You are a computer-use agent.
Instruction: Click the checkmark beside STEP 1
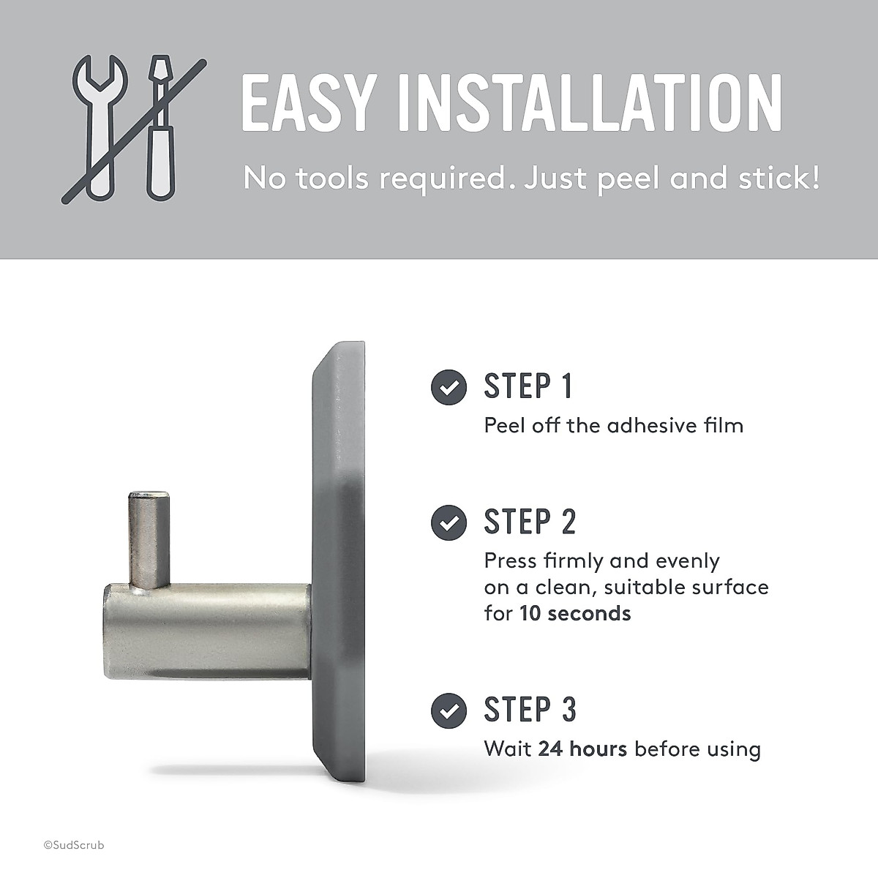[x=449, y=387]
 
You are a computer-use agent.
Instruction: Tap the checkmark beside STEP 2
[x=449, y=522]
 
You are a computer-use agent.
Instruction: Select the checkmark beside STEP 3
[x=449, y=709]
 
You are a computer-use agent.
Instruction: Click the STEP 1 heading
[x=528, y=386]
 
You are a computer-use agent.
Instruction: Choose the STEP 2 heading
[x=530, y=522]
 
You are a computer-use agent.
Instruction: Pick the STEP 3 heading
[x=530, y=709]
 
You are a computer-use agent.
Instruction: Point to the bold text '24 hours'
[x=582, y=749]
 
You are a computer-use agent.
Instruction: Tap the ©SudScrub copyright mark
[x=73, y=845]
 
